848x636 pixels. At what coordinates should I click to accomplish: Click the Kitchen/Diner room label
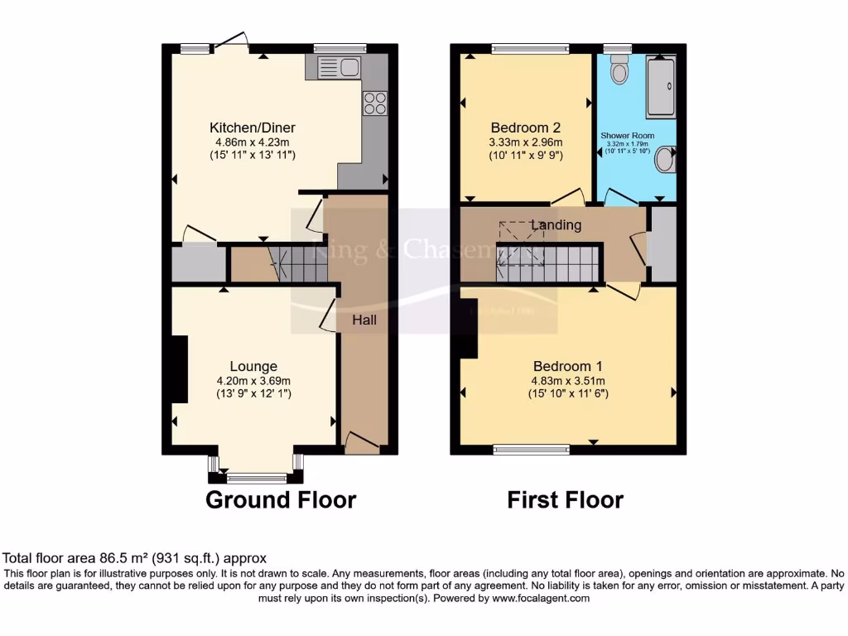(252, 128)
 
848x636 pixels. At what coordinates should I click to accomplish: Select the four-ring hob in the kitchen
(374, 103)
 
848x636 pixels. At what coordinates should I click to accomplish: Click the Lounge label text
(253, 366)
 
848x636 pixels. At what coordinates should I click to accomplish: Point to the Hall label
(365, 320)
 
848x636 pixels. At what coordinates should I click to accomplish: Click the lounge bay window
(254, 476)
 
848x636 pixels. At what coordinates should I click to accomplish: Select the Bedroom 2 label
(526, 128)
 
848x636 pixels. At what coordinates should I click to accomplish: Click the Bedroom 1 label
(567, 366)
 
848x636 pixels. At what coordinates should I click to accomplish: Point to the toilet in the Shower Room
(619, 73)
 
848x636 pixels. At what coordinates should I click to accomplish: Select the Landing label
(556, 225)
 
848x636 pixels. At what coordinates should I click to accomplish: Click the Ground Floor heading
(281, 500)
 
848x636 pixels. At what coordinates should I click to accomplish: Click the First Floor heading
(566, 500)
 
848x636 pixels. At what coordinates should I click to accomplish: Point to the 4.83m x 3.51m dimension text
(567, 381)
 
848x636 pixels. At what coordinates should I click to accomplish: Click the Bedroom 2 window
(530, 49)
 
